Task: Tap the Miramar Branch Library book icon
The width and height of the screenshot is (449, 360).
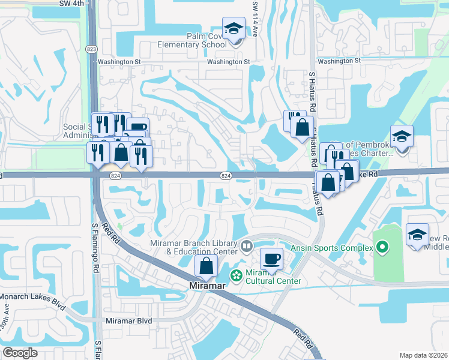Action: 246,245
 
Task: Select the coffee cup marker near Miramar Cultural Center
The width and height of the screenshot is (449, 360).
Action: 271,259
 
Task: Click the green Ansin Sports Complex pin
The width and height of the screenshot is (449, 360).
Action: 382,247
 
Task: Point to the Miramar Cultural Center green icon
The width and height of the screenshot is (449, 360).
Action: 237,275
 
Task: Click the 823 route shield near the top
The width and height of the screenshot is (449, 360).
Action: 91,49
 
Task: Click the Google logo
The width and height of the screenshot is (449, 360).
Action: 20,353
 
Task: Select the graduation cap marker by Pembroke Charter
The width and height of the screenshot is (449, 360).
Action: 402,137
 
